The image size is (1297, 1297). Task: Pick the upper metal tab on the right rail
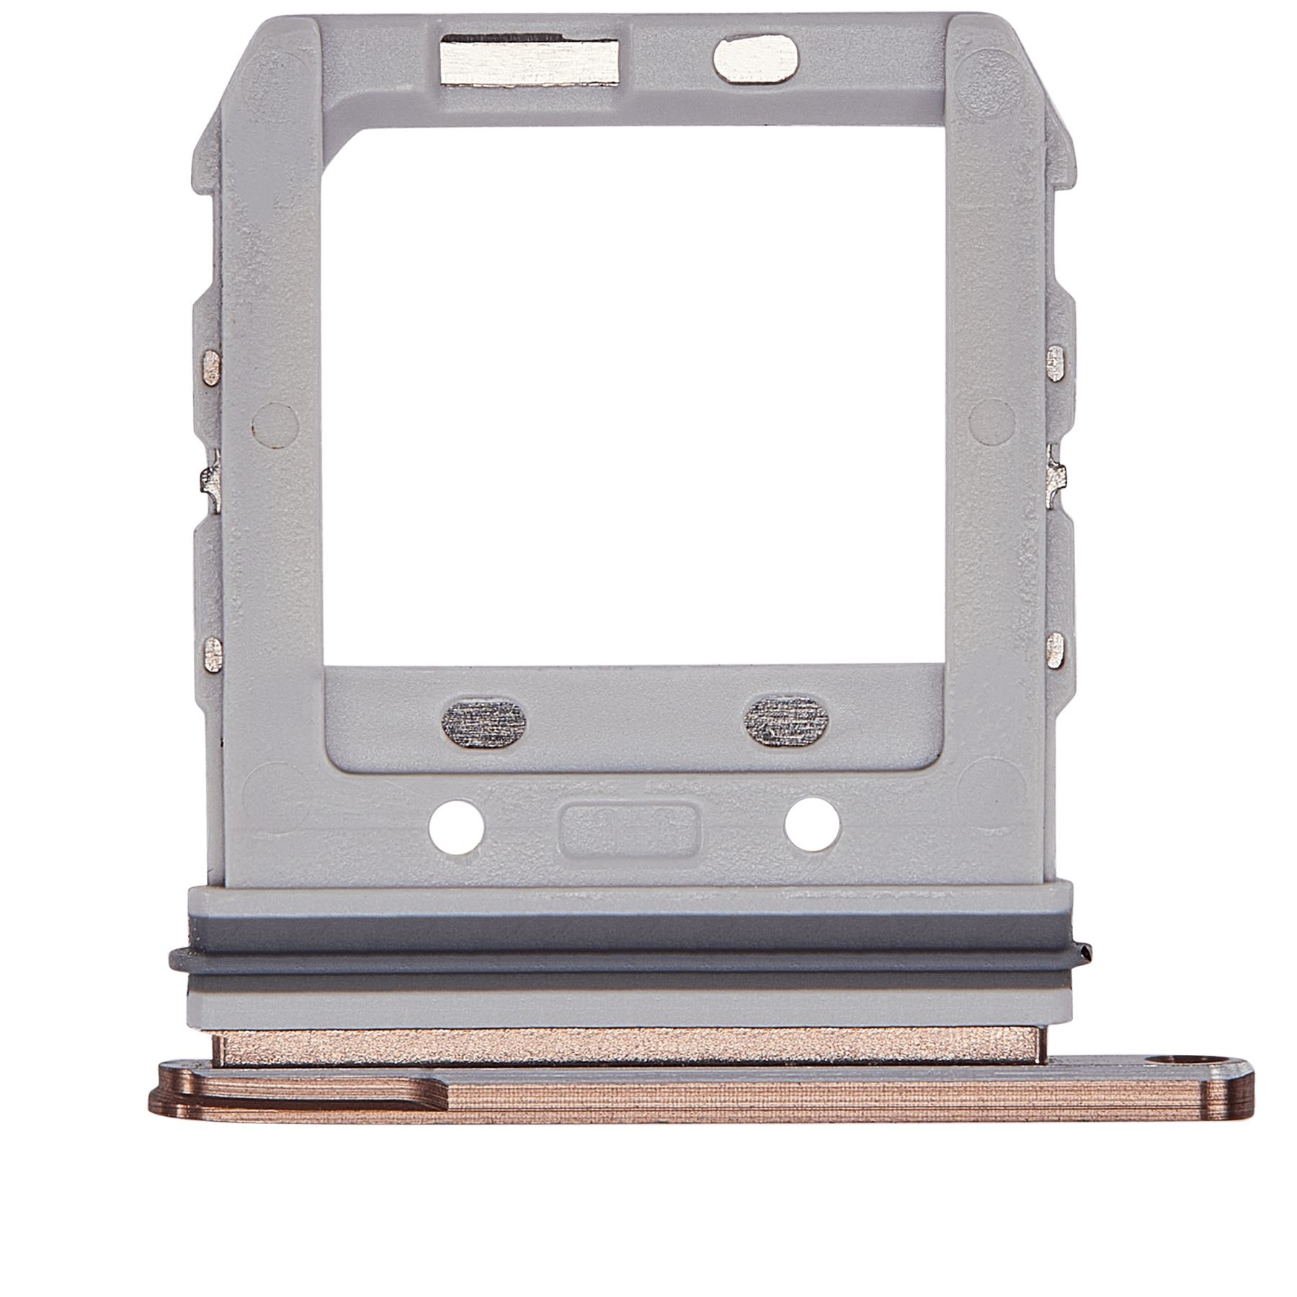[x=1056, y=362]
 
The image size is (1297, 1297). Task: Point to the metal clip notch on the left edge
[x=210, y=477]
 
